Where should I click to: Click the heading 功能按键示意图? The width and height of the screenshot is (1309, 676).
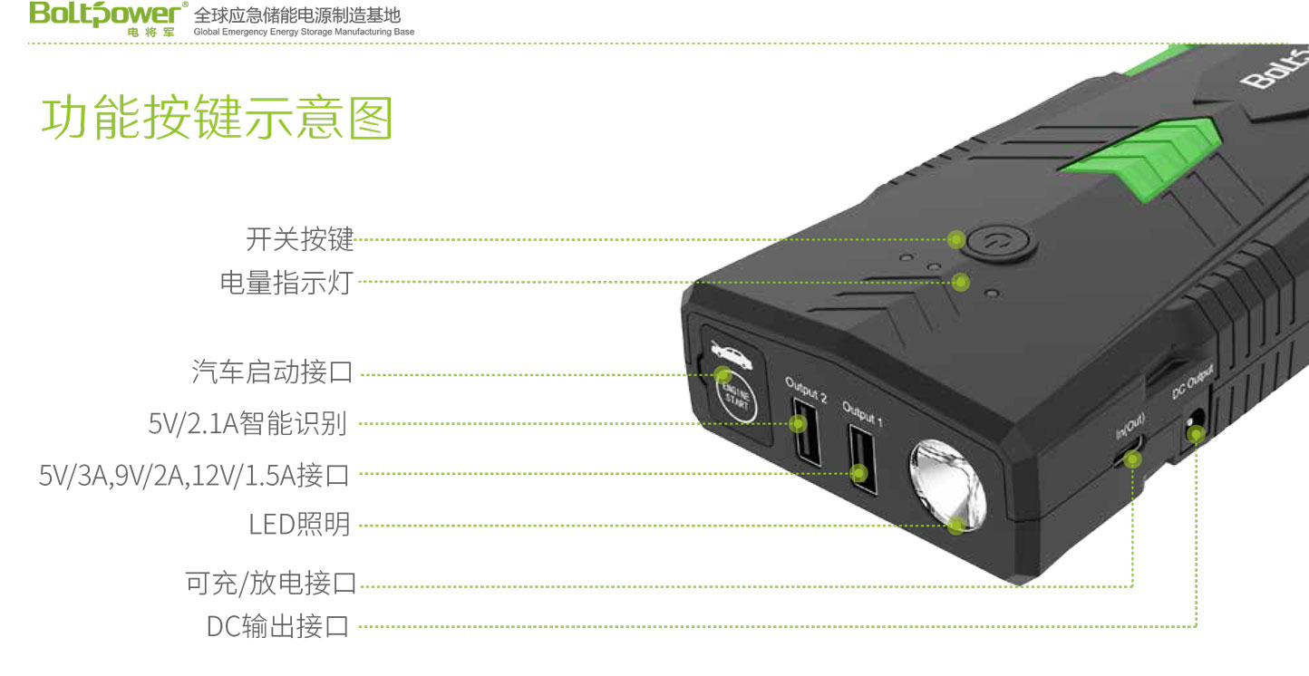217,119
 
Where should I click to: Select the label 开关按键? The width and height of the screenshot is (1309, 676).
299,240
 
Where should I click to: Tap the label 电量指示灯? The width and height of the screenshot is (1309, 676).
285,283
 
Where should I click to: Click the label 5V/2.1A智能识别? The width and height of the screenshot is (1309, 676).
247,423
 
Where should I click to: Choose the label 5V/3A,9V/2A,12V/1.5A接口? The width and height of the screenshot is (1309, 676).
194,474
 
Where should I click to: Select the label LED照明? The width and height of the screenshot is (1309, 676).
299,525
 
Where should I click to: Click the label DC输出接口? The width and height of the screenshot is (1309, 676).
277,626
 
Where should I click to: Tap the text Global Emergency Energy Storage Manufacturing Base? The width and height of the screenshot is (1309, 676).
304,33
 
